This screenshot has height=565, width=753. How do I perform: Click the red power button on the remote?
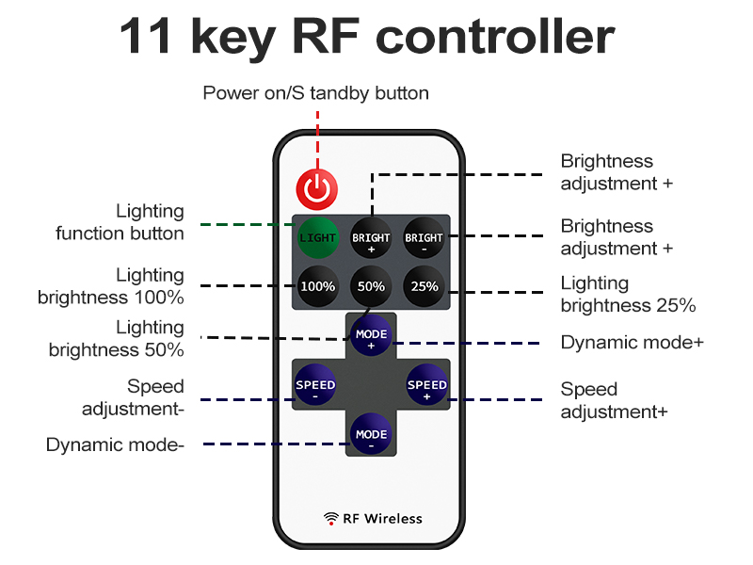point(317,188)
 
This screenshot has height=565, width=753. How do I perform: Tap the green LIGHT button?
point(317,238)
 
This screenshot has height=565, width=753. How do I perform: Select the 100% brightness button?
point(317,286)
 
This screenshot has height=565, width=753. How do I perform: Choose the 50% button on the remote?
point(371,286)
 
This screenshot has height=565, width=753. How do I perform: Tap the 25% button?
point(424,286)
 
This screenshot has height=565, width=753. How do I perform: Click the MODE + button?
point(371,337)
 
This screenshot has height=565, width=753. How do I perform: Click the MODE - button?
point(371,436)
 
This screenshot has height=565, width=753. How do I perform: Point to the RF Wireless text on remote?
point(382,518)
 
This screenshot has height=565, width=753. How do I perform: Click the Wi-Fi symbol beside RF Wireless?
point(331,518)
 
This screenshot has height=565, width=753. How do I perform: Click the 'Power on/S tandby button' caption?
point(316,93)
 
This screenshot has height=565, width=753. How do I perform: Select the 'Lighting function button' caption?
point(120,222)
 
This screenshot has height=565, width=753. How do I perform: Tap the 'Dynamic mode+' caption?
point(632,343)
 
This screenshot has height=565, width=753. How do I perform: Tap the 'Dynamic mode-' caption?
point(114,444)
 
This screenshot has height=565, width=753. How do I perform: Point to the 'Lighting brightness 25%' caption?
point(628,294)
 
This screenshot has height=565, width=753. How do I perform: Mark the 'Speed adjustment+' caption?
point(614,400)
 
